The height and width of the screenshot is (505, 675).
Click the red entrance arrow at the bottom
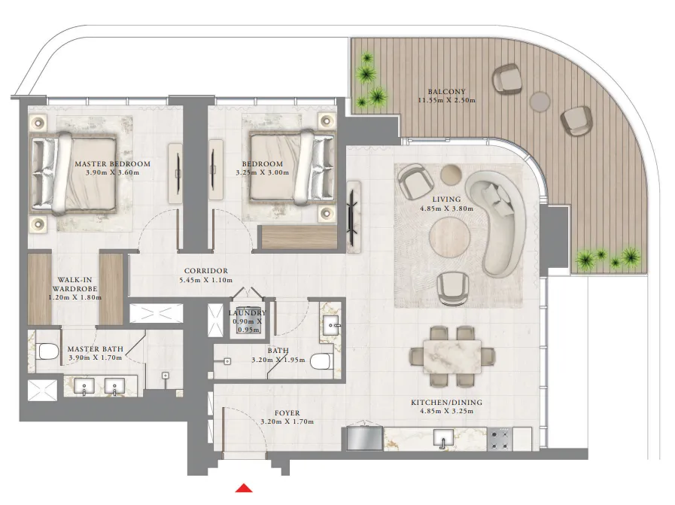(243, 488)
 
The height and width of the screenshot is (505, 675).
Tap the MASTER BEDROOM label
(112, 163)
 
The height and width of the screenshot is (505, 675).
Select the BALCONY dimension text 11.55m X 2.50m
(448, 100)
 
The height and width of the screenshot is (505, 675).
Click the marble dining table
(452, 354)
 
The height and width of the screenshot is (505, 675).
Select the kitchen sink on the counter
(445, 439)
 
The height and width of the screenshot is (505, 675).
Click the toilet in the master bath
(48, 351)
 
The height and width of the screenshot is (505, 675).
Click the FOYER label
(287, 412)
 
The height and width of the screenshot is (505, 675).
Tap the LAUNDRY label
(247, 312)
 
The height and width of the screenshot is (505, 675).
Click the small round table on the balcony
(540, 100)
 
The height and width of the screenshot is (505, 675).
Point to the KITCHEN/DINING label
(446, 403)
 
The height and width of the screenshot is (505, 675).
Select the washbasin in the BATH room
(331, 324)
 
